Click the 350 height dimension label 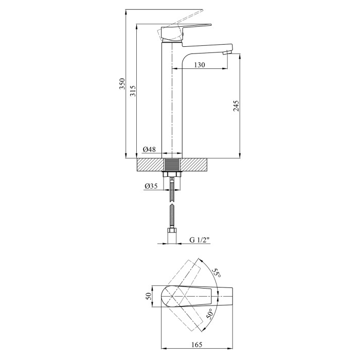point(122,83)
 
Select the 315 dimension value point(133,91)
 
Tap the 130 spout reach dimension point(200,65)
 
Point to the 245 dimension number point(236,105)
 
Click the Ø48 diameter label point(149,150)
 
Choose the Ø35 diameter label point(151,186)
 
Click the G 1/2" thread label point(200,240)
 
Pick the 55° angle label point(217,273)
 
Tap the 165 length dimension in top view point(197,345)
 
